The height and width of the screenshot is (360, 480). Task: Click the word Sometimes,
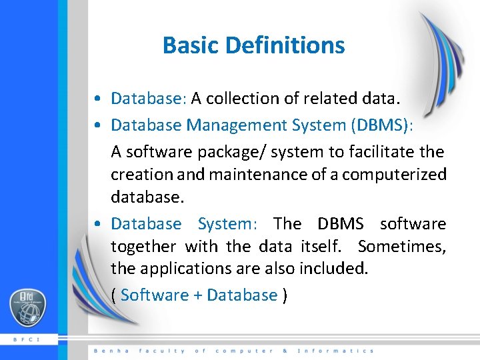[x=401, y=247]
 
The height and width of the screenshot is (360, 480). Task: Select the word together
[x=143, y=247]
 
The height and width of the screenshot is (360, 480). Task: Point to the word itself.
[x=322, y=247]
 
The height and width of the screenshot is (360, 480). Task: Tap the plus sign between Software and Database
[x=198, y=295]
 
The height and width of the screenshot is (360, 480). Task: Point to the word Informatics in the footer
[x=335, y=351]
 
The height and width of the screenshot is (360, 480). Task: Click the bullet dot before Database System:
[x=98, y=224]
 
